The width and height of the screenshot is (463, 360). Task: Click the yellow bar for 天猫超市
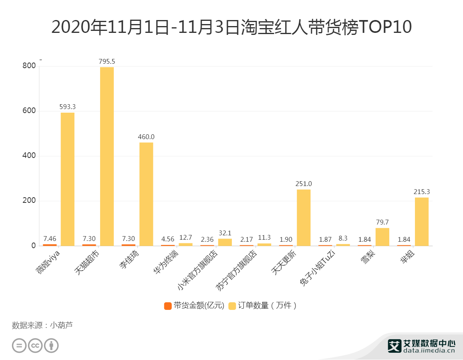[107, 156]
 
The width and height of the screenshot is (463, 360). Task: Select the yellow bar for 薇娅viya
[68, 179]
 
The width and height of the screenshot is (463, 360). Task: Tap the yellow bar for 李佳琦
[146, 194]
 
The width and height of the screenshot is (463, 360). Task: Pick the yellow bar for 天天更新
[304, 217]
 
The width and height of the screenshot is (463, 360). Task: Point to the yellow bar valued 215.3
[421, 221]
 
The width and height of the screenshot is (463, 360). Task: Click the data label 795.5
[107, 61]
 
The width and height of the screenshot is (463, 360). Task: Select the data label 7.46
[50, 239]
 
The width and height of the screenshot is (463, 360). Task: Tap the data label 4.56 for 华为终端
[168, 239]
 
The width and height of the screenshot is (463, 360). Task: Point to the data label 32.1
[225, 233]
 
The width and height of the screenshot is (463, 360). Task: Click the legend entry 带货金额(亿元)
[194, 305]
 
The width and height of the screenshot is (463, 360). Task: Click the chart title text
[231, 27]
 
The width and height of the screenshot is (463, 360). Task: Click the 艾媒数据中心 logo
[421, 346]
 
